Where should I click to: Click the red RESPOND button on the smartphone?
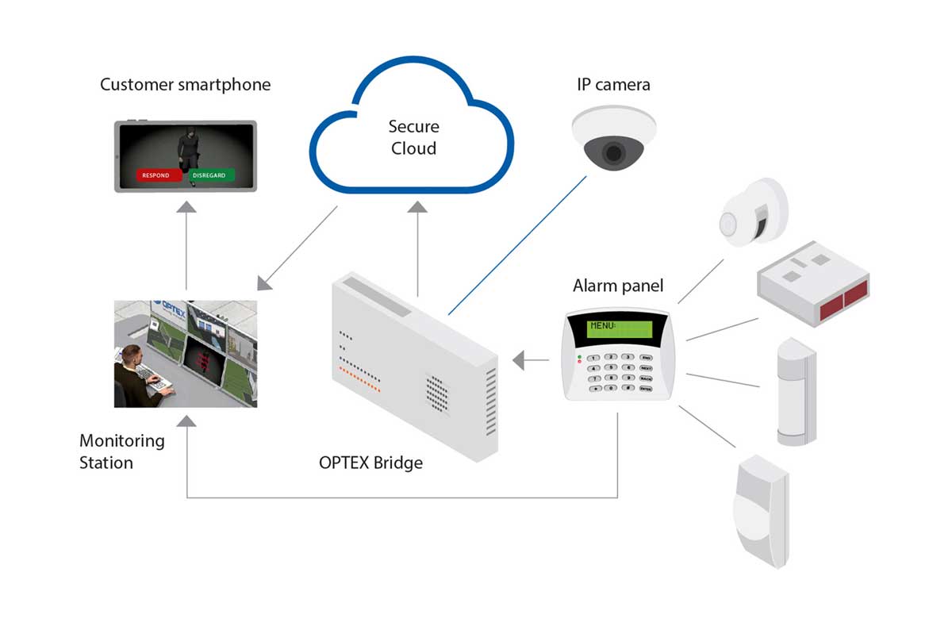pos(155,175)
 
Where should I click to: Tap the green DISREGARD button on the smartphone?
pos(213,175)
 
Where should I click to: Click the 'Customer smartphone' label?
pos(185,84)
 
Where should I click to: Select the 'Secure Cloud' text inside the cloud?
pos(413,137)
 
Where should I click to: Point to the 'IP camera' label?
pos(613,84)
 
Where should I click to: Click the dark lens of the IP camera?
pos(613,152)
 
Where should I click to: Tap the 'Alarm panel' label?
pos(618,286)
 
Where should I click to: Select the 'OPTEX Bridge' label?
pos(370,463)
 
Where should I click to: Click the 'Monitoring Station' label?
pos(122,451)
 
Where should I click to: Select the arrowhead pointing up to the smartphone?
pos(186,207)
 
